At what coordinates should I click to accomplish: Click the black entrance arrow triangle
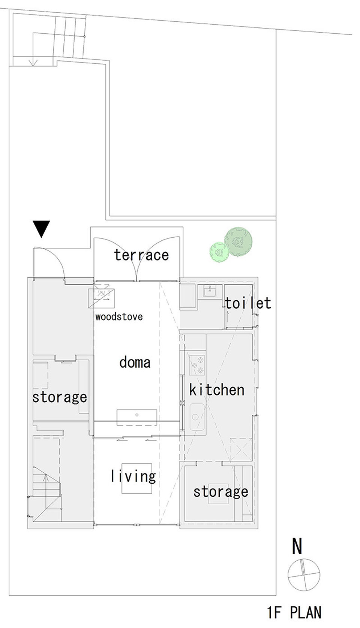[x=41, y=228]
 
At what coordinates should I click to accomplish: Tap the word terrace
[x=141, y=255]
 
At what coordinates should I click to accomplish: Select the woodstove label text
[x=119, y=317]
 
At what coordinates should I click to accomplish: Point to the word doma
[x=135, y=363]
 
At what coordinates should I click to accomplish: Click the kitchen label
[x=217, y=390]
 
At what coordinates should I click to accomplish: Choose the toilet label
[x=248, y=303]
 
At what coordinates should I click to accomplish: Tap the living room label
[x=133, y=477]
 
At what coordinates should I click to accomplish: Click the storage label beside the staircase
[x=60, y=397]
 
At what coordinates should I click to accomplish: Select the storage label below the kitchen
[x=220, y=492]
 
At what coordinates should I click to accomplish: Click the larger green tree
[x=238, y=242]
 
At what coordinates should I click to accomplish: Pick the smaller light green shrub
[x=219, y=252]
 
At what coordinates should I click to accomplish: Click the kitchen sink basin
[x=196, y=416]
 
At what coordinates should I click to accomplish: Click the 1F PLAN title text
[x=294, y=613]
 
